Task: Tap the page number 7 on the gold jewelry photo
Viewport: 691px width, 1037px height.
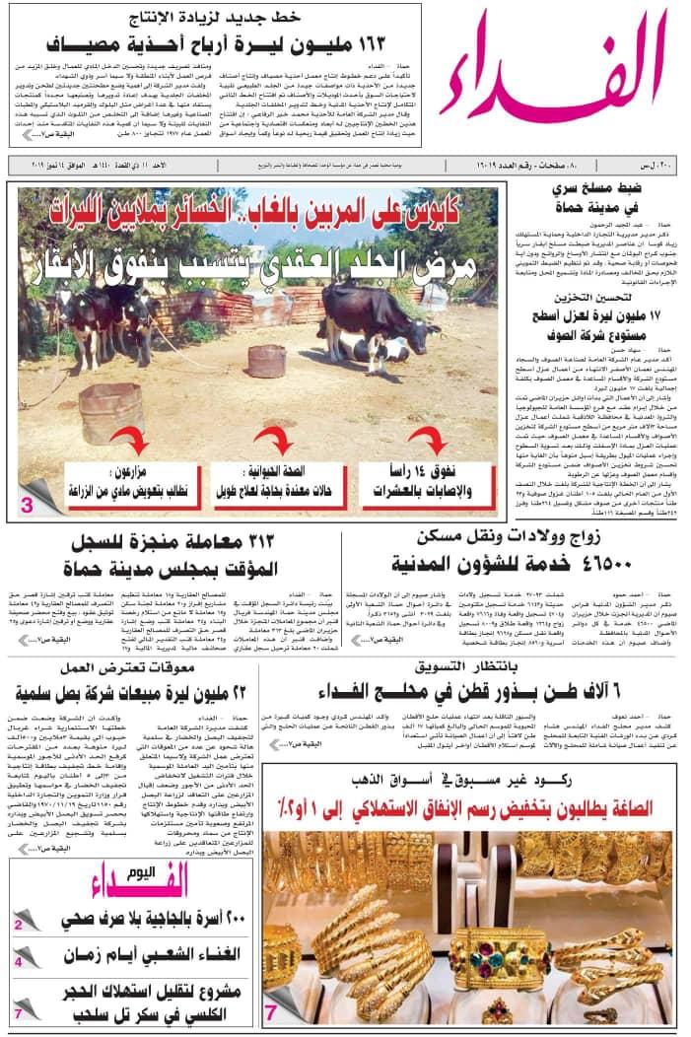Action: pos(270,1010)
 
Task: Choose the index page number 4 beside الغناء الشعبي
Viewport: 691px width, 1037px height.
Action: pos(18,961)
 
